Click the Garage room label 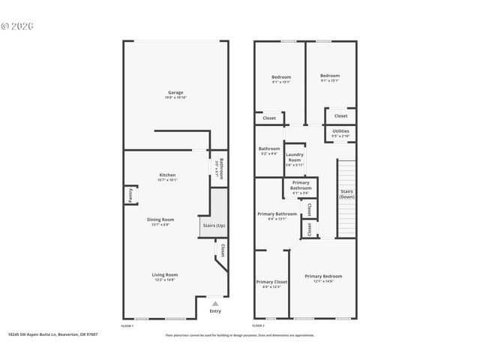pyautogui.click(x=175, y=92)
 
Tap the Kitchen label pyautogui.click(x=167, y=175)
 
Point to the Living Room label pyautogui.click(x=163, y=274)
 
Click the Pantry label pyautogui.click(x=130, y=195)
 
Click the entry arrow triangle pyautogui.click(x=215, y=303)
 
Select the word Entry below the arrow pyautogui.click(x=215, y=310)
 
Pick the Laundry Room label pyautogui.click(x=294, y=156)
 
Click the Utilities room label pyautogui.click(x=340, y=131)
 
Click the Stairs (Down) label pyautogui.click(x=346, y=193)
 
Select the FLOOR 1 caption pyautogui.click(x=127, y=326)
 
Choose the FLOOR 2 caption pyautogui.click(x=258, y=326)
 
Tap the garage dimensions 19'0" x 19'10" pyautogui.click(x=175, y=97)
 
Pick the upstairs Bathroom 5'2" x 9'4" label pyautogui.click(x=268, y=151)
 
